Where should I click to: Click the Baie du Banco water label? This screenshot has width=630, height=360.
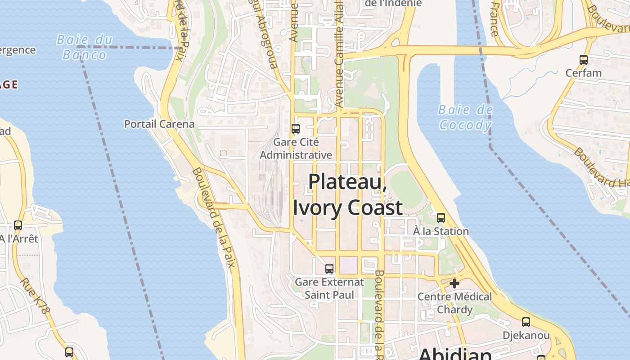tap(85, 47)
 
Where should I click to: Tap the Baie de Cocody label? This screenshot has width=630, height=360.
tap(465, 117)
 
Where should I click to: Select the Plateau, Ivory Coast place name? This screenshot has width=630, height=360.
tap(348, 194)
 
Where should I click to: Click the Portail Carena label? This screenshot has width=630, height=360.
tap(159, 124)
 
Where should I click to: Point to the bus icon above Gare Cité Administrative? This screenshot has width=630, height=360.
tap(296, 129)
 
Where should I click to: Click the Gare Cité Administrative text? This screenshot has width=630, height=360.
tap(296, 148)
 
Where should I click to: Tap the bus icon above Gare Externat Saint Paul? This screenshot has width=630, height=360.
tap(329, 269)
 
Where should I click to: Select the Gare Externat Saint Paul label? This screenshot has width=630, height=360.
tap(329, 288)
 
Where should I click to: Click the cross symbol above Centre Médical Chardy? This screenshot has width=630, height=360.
tap(454, 283)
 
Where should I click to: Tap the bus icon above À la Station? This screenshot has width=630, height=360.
tap(441, 218)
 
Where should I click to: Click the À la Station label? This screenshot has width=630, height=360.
tap(441, 231)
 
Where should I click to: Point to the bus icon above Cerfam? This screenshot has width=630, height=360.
tap(584, 59)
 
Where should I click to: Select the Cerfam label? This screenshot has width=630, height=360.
tap(584, 73)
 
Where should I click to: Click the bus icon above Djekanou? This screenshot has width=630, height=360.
tap(526, 322)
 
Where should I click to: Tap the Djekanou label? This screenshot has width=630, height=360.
tap(526, 336)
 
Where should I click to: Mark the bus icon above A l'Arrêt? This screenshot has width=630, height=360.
tap(18, 225)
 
